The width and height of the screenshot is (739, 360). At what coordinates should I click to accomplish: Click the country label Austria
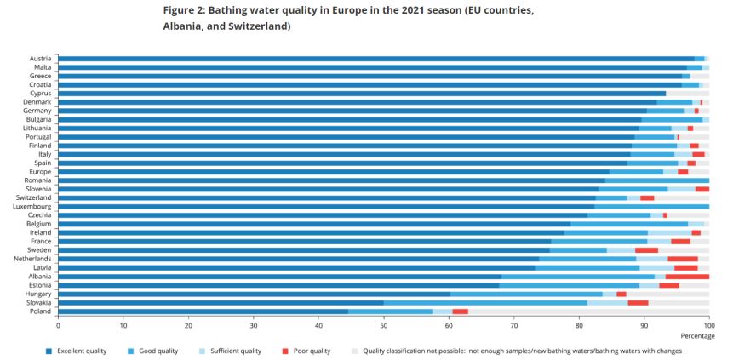point(39,58)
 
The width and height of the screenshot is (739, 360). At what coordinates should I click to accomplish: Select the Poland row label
point(41,311)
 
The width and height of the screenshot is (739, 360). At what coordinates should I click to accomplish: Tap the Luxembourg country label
point(32,206)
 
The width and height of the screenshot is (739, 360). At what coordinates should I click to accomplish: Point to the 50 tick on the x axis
point(383,325)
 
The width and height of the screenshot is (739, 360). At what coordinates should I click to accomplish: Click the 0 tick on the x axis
point(58,325)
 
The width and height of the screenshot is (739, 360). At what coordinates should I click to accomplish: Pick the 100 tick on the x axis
point(708,325)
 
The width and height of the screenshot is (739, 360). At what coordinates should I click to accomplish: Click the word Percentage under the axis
point(698,336)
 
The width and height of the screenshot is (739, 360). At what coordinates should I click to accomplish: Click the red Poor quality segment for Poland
point(460,311)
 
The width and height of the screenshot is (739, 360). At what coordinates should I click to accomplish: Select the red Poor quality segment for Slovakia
point(638,302)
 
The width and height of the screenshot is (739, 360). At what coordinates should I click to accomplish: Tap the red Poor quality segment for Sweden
point(646,250)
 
